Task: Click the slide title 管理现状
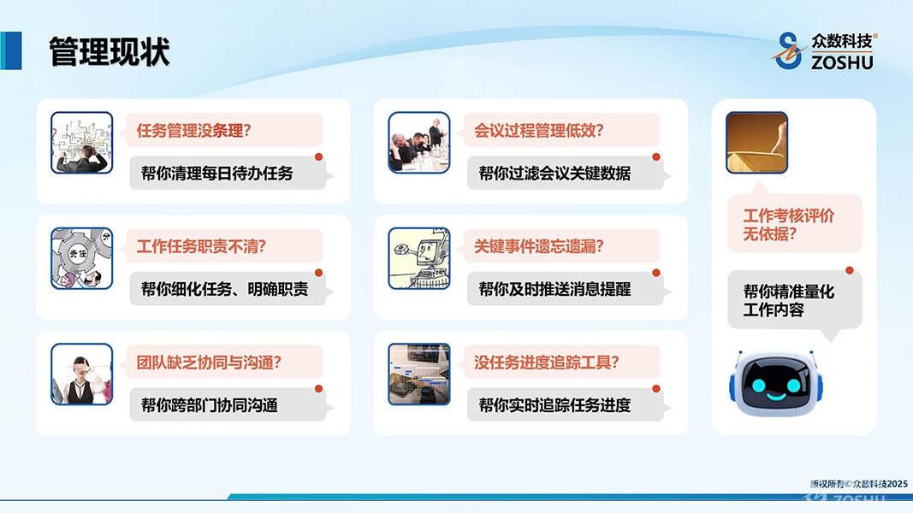coord(109,51)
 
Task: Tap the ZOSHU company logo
coord(824,50)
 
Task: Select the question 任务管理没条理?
coord(193,130)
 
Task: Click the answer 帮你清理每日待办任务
coord(216,173)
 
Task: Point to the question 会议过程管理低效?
coord(538,130)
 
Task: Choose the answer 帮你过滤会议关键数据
coord(554,173)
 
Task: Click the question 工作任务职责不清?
coord(201,246)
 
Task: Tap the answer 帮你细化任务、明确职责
coord(224,289)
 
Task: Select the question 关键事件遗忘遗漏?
coord(538,246)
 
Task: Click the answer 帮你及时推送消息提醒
coord(554,289)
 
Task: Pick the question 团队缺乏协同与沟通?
coord(209,363)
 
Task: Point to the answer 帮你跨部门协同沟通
coord(209,404)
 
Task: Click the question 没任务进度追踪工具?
coord(546,363)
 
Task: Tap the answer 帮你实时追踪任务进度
coord(554,404)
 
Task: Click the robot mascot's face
coord(776,383)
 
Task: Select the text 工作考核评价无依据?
coord(788,225)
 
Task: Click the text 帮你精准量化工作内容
coord(788,300)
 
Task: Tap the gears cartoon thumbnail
coord(81,258)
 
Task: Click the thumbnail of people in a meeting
coord(419,143)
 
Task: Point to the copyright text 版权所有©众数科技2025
coord(859,484)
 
